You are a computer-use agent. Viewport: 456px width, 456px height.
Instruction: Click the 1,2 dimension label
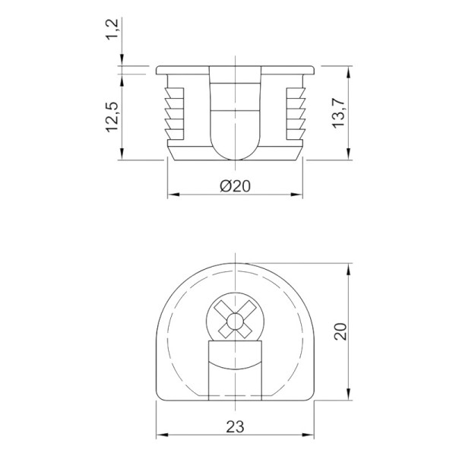(112, 29)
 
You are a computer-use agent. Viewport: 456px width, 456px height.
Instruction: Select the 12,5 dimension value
(112, 117)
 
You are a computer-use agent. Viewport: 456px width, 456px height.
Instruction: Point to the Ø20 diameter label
(235, 186)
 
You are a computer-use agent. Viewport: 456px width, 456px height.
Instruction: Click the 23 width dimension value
(235, 427)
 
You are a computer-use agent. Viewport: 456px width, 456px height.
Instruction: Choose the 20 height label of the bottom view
(340, 331)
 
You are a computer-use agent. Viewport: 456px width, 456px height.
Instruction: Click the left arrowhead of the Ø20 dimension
(173, 195)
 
